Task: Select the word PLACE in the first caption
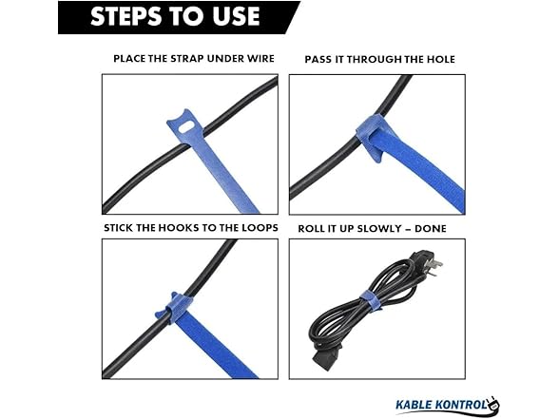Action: point(129,59)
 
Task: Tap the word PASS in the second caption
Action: point(320,59)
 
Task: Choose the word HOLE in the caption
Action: point(438,59)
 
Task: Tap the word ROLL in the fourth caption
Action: point(315,228)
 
